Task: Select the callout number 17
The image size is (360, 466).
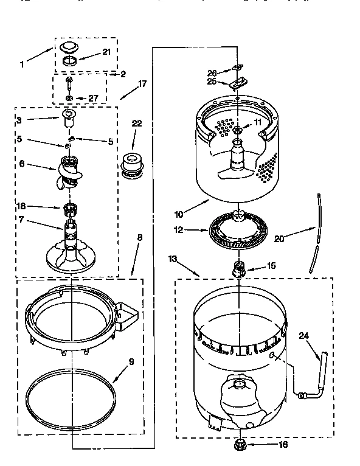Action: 142,85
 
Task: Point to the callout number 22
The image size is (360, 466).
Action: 136,123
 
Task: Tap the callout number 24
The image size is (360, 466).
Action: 304,334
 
